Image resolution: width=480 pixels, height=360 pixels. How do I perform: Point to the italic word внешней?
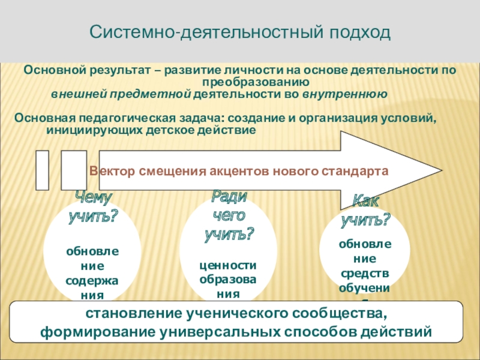click(73, 94)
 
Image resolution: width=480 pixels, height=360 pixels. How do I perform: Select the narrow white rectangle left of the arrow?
click(42, 170)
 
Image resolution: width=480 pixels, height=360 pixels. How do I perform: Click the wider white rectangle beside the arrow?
click(73, 170)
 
